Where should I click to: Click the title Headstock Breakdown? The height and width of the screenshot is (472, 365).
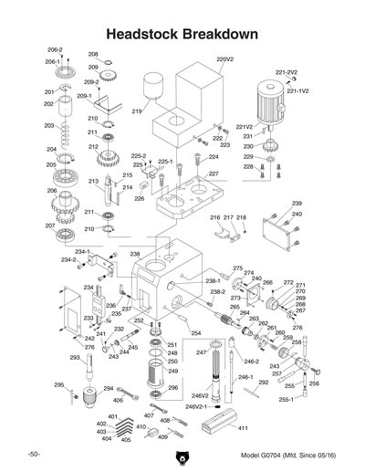182,33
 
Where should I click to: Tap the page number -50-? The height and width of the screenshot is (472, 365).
33,455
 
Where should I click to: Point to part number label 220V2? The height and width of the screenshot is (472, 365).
225,59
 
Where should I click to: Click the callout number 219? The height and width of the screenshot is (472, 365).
136,111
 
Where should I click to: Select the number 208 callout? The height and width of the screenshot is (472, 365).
93,55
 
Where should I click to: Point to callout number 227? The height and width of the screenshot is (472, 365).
213,173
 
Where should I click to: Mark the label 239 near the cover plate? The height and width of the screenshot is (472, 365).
297,203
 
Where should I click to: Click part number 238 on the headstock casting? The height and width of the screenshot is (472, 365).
134,254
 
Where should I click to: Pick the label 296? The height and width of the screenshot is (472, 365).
172,388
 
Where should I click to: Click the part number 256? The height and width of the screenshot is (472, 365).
315,383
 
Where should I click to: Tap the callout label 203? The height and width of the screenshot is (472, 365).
49,125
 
